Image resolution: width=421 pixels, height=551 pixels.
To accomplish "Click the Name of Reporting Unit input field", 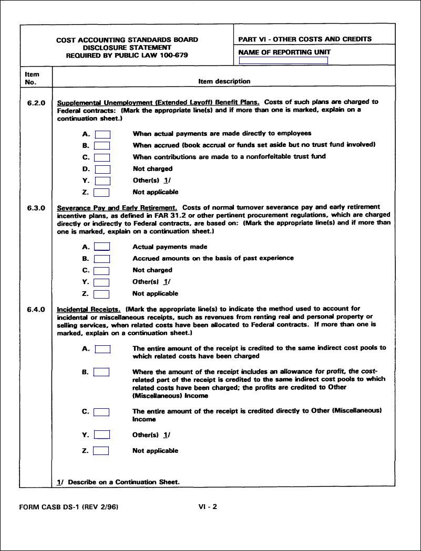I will pyautogui.click(x=283, y=61).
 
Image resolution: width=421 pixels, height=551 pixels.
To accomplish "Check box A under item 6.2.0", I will pyautogui.click(x=102, y=134).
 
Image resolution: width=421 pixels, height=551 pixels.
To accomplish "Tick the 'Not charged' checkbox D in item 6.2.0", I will pyautogui.click(x=102, y=169).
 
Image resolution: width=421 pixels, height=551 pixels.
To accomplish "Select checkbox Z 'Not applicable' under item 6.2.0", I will pyautogui.click(x=102, y=193).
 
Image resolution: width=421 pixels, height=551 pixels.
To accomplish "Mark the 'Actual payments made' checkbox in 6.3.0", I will pyautogui.click(x=102, y=247).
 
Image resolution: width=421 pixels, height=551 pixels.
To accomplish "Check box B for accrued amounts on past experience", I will pyautogui.click(x=102, y=259).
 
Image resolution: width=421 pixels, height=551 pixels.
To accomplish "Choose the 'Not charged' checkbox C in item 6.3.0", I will pyautogui.click(x=102, y=271).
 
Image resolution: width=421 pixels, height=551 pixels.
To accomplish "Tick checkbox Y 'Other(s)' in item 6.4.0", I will pyautogui.click(x=102, y=435).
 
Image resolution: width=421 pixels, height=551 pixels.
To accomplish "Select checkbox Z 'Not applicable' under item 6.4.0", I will pyautogui.click(x=101, y=451).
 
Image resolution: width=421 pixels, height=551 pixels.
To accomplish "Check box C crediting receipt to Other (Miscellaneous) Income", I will pyautogui.click(x=102, y=412).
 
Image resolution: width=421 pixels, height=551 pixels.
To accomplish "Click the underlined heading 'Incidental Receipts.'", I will pyautogui.click(x=88, y=309).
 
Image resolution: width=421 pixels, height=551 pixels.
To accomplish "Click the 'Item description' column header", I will pyautogui.click(x=224, y=81).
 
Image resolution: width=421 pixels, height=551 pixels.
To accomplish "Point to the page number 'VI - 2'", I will pyautogui.click(x=208, y=507).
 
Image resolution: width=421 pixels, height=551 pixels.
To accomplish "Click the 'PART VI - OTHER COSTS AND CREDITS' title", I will pyautogui.click(x=305, y=39).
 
